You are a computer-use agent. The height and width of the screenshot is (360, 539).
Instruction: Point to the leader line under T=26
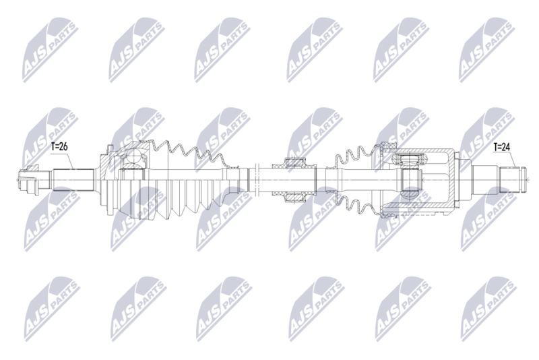(x=67, y=159)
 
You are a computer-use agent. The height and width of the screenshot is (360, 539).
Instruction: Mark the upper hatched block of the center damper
(x=294, y=164)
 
